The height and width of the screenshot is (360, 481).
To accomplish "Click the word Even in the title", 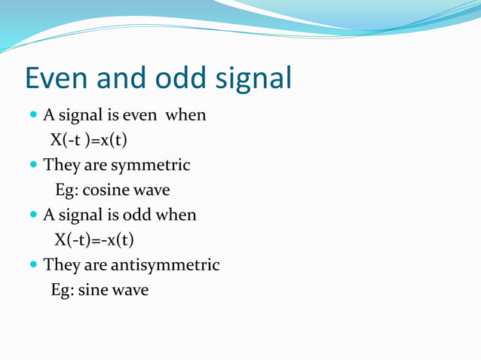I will [58, 79].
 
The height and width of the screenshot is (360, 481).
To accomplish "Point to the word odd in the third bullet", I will [137, 215].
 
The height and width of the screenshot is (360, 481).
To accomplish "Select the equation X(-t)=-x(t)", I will [94, 240].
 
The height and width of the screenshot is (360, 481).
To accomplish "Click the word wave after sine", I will [130, 290].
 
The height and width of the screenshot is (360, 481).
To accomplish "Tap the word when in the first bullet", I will [185, 116].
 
